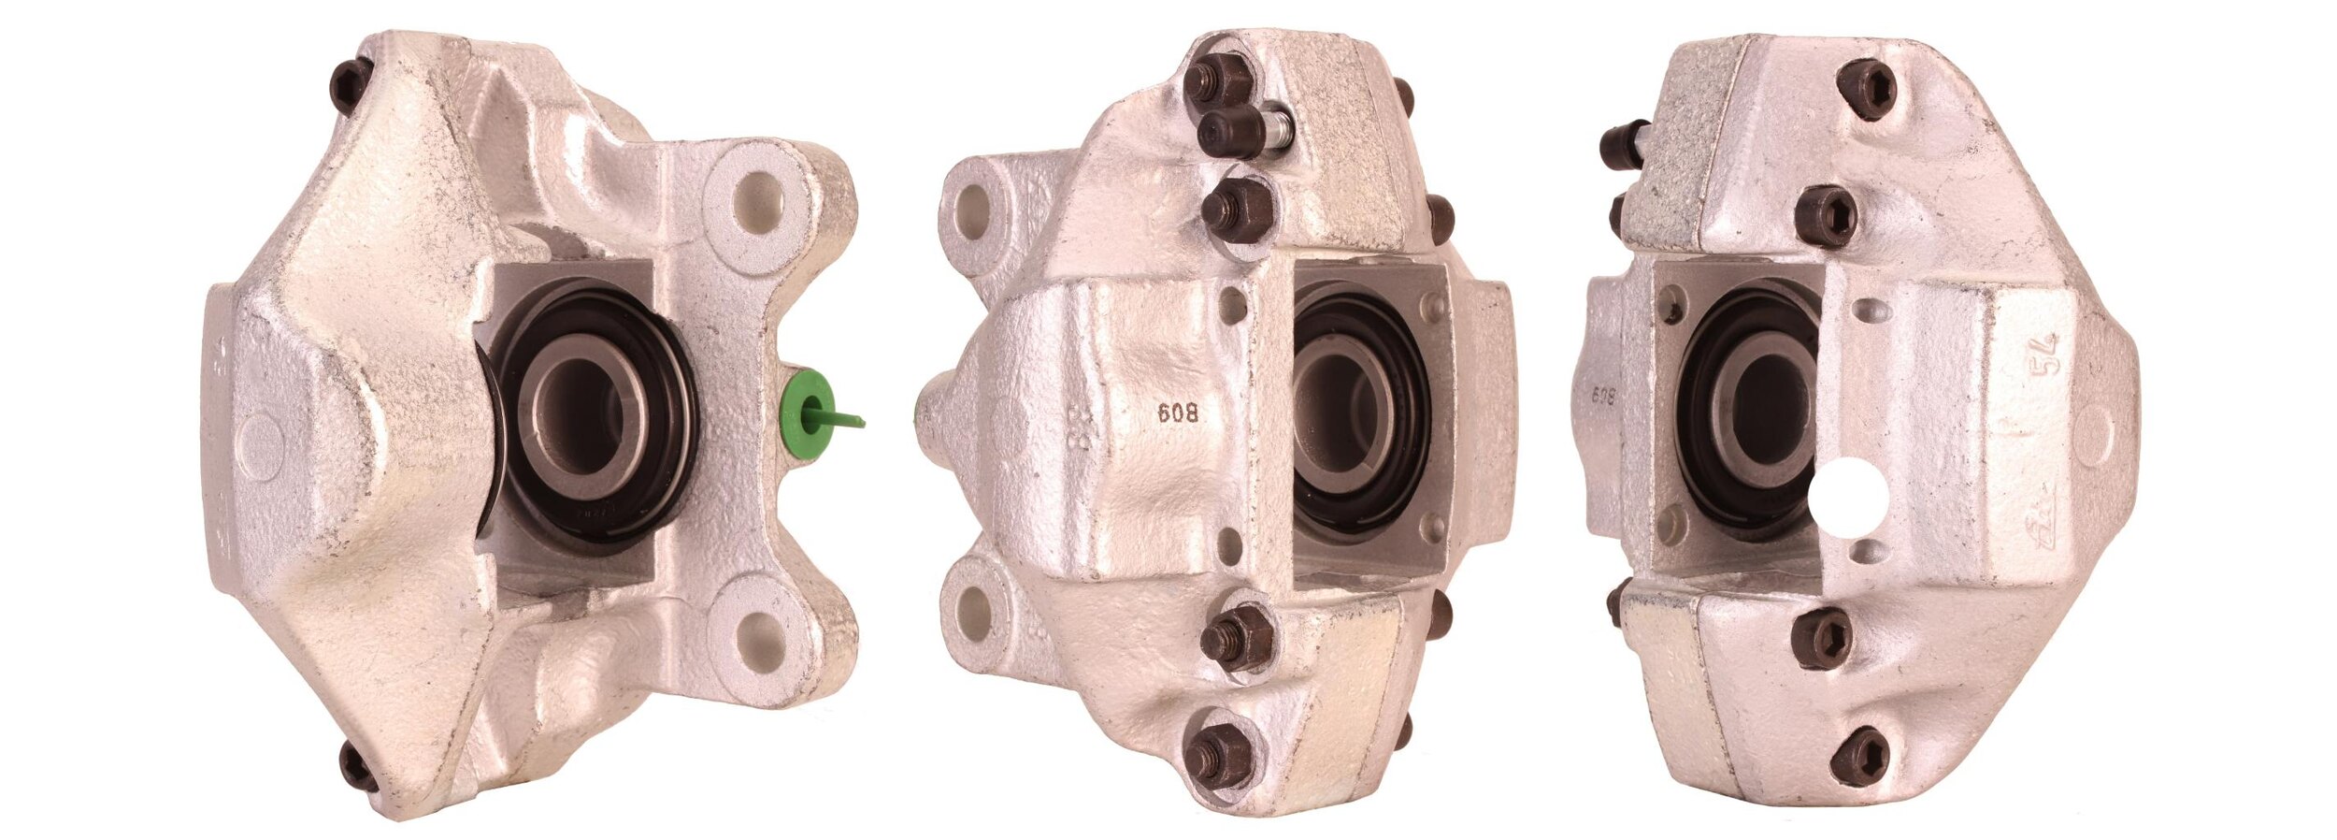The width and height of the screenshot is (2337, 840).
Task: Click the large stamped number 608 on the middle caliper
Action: click(1178, 413)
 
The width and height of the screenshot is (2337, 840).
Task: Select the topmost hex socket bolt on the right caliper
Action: click(1866, 89)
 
